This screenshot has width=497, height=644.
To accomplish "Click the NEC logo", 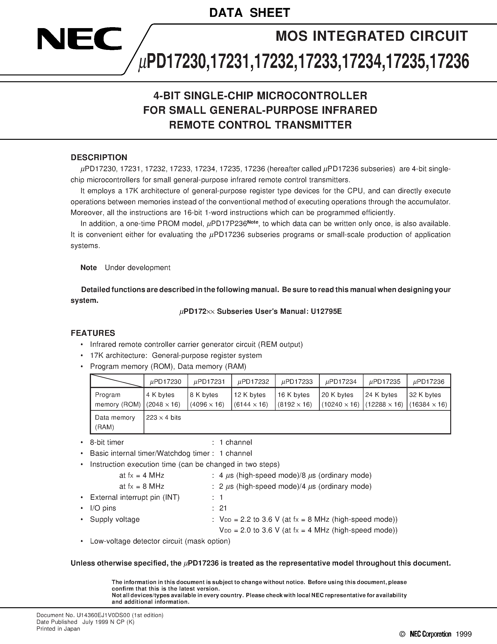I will (80, 39).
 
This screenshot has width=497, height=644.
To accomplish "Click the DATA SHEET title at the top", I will (250, 13).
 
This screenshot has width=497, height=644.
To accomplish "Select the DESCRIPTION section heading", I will (99, 157).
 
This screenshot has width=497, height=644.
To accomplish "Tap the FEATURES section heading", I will (93, 333).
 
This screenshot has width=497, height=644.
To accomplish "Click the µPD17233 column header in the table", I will (297, 381).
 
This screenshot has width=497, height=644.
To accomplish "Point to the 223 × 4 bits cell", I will (163, 418).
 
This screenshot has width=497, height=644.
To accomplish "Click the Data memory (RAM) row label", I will (115, 422).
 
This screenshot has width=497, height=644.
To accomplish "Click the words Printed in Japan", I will (58, 629).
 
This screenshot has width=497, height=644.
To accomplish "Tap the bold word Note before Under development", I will (89, 267).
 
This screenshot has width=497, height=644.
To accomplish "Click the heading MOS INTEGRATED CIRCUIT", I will (372, 36).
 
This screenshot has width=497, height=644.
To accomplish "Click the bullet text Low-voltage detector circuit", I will (160, 541).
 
